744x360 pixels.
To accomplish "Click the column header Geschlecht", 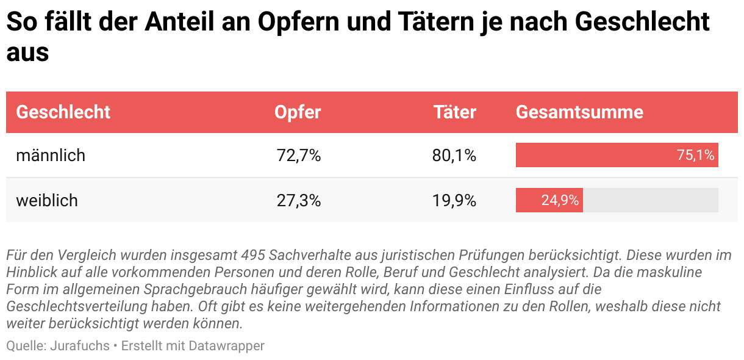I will click(63, 112).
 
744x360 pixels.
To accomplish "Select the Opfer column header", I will click(297, 112).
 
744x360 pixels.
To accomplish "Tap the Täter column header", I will click(454, 112).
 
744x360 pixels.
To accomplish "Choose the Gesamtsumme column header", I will click(579, 112).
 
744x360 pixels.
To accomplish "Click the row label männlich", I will click(51, 156).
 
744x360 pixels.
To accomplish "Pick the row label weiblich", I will click(47, 200).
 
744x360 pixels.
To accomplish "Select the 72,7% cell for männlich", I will click(298, 156).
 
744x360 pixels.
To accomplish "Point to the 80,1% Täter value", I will click(454, 156).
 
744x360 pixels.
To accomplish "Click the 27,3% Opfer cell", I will click(298, 200).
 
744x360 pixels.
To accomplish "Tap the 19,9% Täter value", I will click(454, 200).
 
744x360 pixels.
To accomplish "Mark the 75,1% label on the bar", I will click(695, 156).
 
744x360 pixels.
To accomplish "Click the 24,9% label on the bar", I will click(560, 200).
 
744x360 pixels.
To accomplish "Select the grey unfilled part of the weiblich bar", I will click(650, 200).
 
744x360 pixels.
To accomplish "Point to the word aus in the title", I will click(27, 52).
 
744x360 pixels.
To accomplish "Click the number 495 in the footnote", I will click(253, 254).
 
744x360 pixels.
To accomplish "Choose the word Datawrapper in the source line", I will click(226, 346).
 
